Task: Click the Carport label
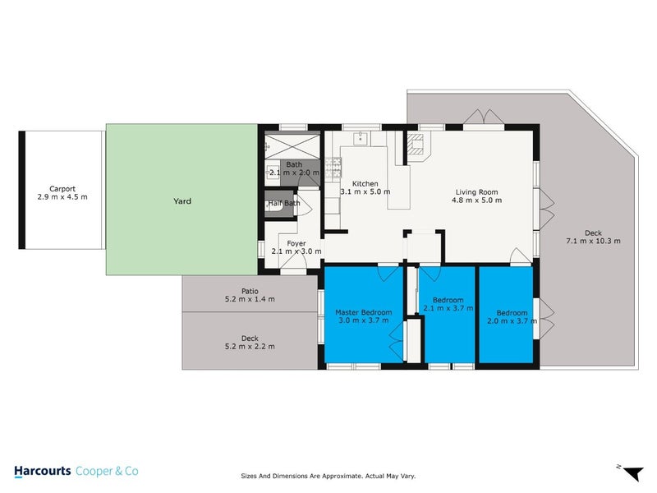click(62, 188)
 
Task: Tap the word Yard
click(181, 200)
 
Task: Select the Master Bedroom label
click(363, 312)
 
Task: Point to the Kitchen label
click(365, 183)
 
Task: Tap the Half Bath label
click(284, 204)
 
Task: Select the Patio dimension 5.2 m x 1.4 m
click(250, 299)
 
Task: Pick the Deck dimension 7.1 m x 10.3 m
click(593, 241)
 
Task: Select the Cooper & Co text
click(108, 471)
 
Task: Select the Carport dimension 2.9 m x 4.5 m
click(62, 197)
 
